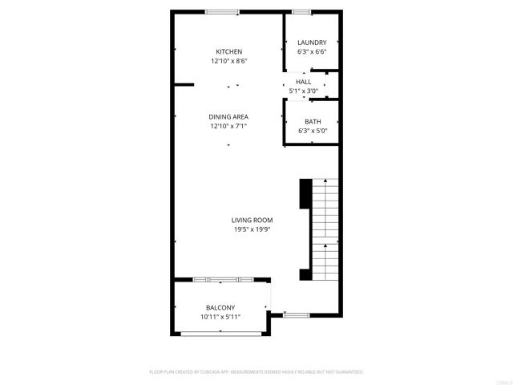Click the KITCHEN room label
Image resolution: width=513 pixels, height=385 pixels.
(x=228, y=51)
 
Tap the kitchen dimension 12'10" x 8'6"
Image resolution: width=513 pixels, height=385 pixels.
(x=228, y=61)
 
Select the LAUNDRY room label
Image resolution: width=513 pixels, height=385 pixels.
(x=312, y=43)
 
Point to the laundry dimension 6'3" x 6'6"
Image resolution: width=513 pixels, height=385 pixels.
(x=312, y=52)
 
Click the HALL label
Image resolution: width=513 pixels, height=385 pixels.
(x=304, y=82)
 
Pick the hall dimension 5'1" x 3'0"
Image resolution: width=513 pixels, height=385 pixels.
(x=304, y=91)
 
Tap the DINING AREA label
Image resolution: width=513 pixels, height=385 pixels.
(x=228, y=116)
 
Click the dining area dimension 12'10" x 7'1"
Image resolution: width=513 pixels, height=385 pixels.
(x=228, y=126)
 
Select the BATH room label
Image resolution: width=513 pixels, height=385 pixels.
(x=312, y=121)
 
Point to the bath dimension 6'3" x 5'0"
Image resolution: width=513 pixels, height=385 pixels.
(x=312, y=131)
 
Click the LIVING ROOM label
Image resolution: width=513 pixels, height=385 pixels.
(x=252, y=220)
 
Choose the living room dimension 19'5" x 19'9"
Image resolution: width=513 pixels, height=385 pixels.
(x=252, y=229)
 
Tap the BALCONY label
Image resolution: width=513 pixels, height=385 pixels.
(x=220, y=308)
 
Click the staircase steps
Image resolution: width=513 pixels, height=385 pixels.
(x=324, y=229)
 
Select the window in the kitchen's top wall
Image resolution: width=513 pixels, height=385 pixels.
(x=221, y=11)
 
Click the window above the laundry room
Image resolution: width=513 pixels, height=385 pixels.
(x=301, y=11)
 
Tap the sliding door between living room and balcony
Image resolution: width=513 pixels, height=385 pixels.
(x=224, y=279)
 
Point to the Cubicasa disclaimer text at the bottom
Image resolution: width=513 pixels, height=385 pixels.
(x=256, y=372)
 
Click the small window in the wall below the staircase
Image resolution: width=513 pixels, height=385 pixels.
(x=297, y=314)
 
